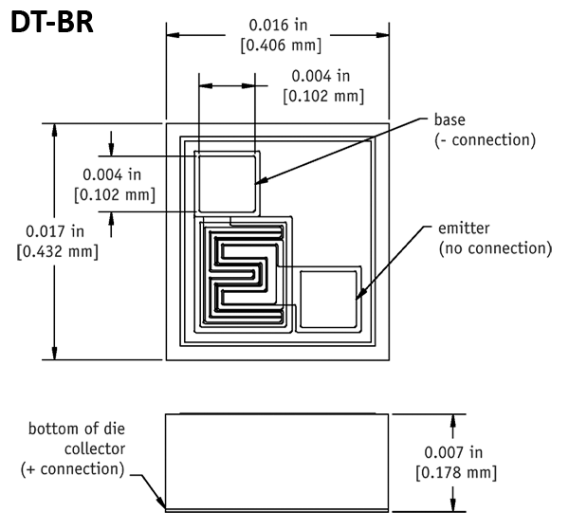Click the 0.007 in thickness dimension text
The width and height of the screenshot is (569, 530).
tap(455, 451)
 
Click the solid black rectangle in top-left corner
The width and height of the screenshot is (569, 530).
tap(52, 20)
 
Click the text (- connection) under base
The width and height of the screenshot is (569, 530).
tap(486, 140)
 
